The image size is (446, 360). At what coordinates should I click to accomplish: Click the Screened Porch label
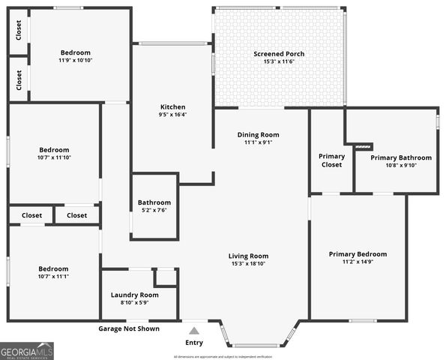pos(279,54)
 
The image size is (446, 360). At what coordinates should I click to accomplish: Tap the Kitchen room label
pos(172,107)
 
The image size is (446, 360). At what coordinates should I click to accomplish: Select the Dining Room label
pos(259,135)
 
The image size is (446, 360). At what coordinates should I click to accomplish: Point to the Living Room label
pos(248,256)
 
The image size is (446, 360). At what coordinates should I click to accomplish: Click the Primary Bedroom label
pos(358,254)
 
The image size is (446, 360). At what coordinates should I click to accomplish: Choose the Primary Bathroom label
pos(401,158)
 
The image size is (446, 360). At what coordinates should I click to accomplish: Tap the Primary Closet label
pos(331,160)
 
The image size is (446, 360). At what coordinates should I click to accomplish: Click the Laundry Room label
pos(135,295)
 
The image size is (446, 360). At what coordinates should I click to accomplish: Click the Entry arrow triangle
pos(193,330)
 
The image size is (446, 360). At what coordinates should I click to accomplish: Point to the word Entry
pos(193,343)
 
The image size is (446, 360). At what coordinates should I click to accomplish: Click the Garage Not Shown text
pos(129,328)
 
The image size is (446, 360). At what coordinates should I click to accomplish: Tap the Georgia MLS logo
pos(27,350)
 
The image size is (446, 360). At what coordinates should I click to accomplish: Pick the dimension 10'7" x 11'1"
pos(53,277)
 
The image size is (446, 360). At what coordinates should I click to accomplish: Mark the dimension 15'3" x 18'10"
pos(248,264)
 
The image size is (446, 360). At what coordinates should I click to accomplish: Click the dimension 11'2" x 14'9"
pos(358,262)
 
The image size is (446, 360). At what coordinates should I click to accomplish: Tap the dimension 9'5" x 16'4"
pos(172,115)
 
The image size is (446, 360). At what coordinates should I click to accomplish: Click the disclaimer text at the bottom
pos(223,356)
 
